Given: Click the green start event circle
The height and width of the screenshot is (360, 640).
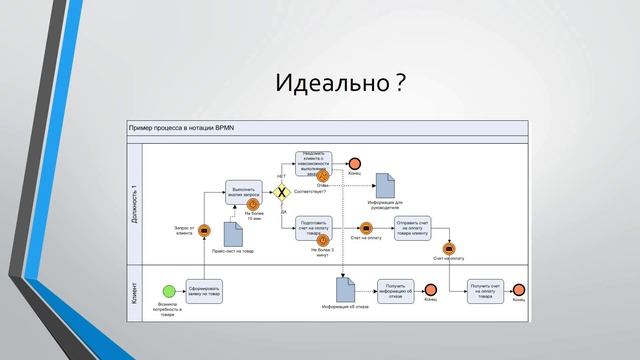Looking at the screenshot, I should pos(169,292).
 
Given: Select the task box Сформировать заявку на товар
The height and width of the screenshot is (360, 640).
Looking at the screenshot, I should pos(203,291).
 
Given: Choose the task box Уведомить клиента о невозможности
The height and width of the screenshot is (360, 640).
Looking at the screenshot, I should pos(313,163).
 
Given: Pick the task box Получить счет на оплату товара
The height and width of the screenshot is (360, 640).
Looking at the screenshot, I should pos(485,290).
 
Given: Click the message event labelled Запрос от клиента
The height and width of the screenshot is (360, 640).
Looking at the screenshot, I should pos(203,231).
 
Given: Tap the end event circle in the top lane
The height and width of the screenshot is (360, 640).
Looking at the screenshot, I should pos(354,163).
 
